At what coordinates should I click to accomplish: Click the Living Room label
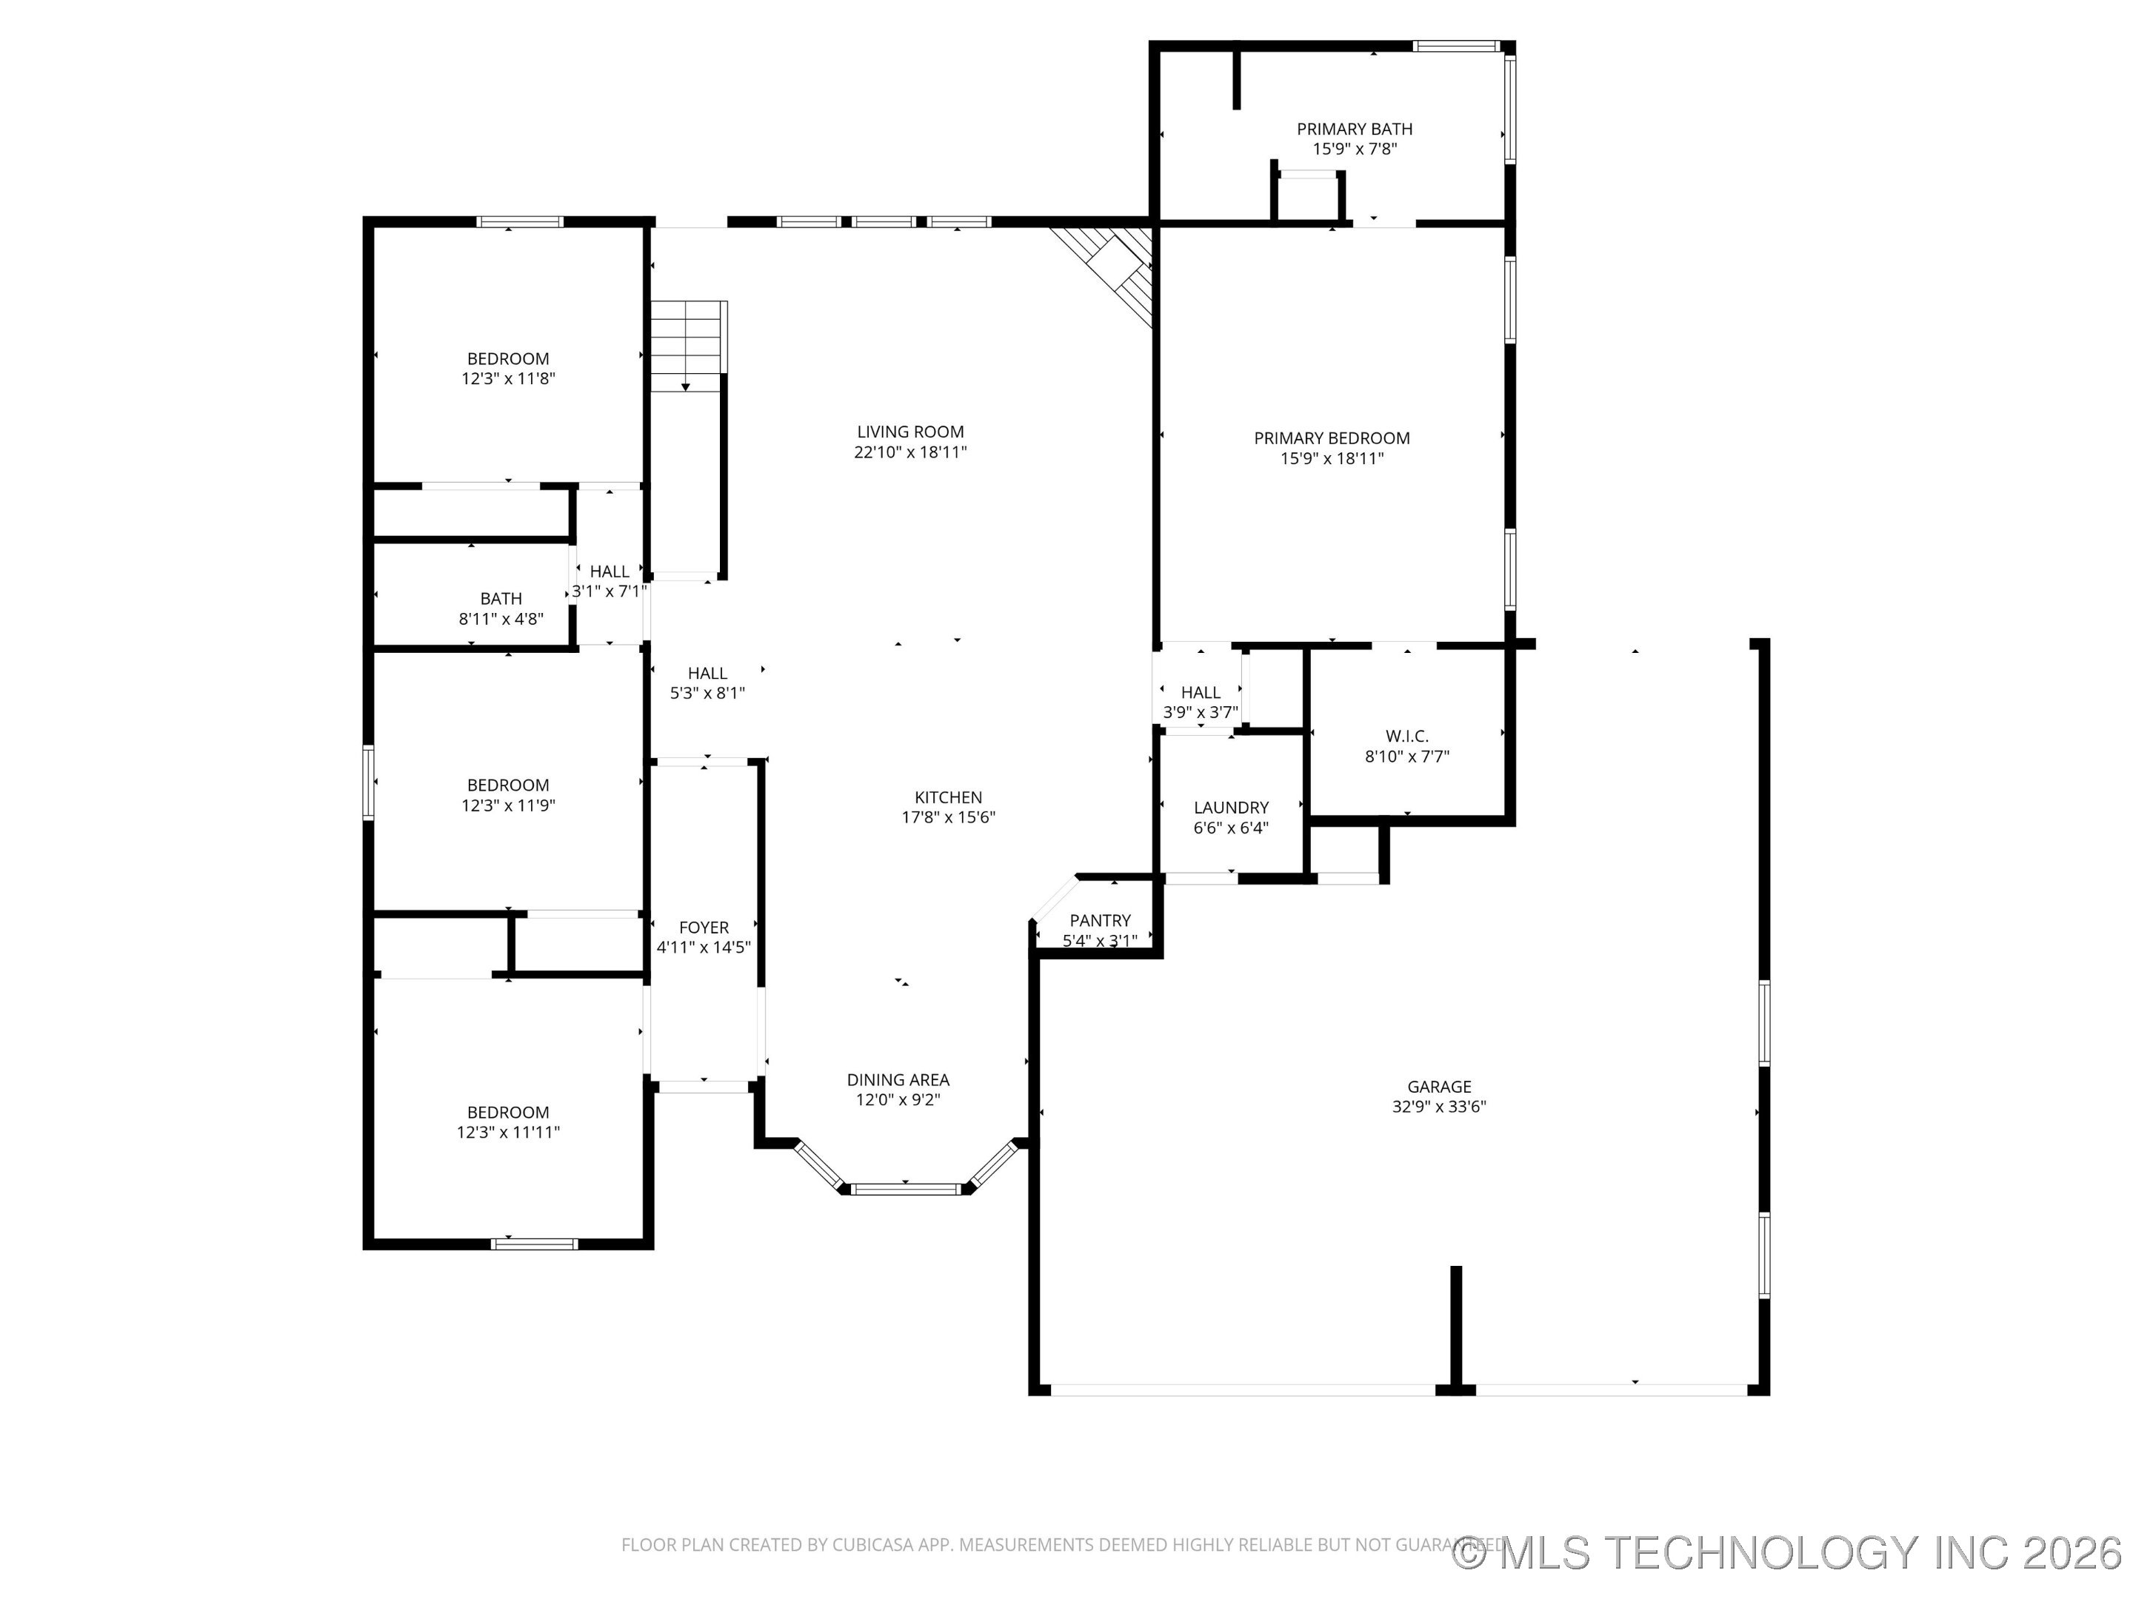(x=909, y=432)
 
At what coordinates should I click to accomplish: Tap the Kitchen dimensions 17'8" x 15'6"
(x=948, y=817)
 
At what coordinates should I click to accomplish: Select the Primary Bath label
(x=1354, y=128)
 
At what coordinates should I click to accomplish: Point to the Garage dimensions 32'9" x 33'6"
(x=1439, y=1107)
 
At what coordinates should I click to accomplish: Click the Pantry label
(x=1099, y=920)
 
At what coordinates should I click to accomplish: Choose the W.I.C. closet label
(x=1407, y=735)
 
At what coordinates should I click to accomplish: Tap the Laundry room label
(x=1230, y=808)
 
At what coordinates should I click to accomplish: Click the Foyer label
(x=703, y=928)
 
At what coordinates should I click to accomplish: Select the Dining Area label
(x=898, y=1079)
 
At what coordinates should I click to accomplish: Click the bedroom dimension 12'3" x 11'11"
(x=508, y=1133)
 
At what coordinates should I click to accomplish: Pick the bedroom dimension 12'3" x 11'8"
(x=508, y=379)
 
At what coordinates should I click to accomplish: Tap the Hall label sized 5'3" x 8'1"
(x=707, y=673)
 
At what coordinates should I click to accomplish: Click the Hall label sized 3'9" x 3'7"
(x=1200, y=692)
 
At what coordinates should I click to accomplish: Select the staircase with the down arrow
(x=686, y=345)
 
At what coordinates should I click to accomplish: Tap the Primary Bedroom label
(x=1331, y=438)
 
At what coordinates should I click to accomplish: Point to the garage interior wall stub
(x=1455, y=1325)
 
